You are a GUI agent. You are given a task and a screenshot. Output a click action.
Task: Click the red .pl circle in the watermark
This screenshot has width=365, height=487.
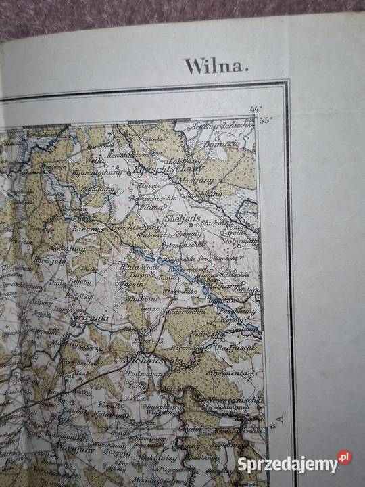click(x=345, y=458)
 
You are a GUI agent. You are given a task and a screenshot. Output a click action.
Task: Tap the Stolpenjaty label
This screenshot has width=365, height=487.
click(x=242, y=239)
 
